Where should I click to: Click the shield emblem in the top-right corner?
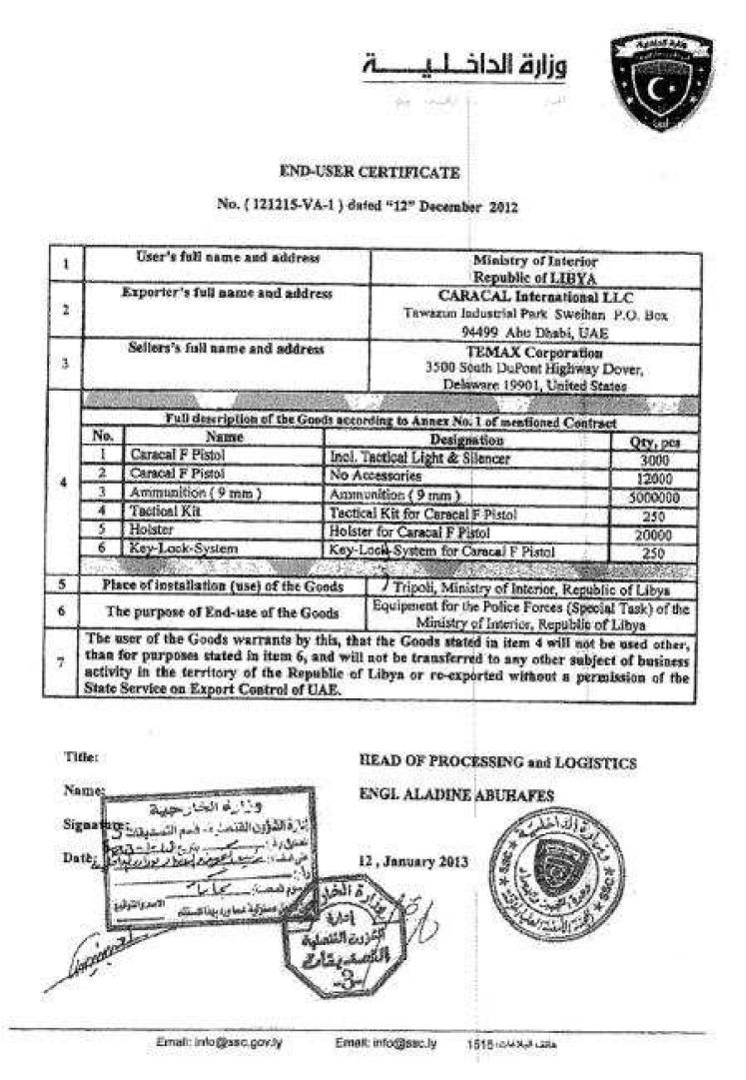tap(662, 80)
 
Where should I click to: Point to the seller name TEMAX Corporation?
tap(536, 352)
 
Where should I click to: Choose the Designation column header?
tap(465, 440)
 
